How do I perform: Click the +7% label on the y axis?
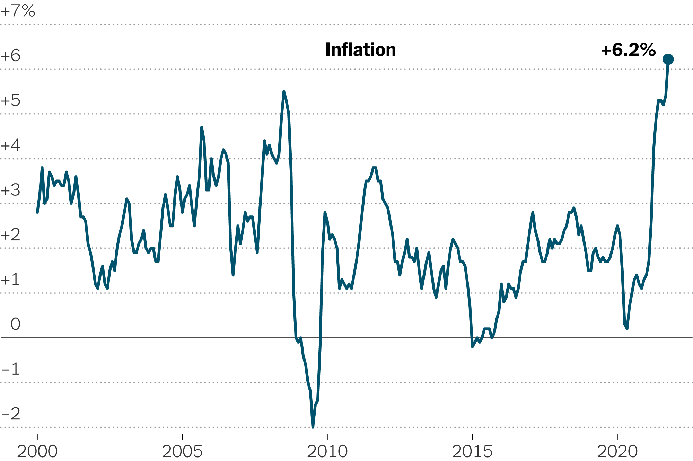click(x=18, y=11)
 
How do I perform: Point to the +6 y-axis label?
click(x=11, y=56)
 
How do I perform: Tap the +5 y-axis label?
click(x=11, y=101)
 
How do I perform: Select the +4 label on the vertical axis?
click(x=11, y=145)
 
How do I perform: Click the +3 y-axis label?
click(x=11, y=190)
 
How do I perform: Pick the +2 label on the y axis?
click(x=11, y=235)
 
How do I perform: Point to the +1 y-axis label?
click(x=11, y=280)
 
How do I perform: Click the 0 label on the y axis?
click(x=16, y=325)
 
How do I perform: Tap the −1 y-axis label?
click(x=11, y=370)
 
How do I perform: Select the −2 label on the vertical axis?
click(x=11, y=414)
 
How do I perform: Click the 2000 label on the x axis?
click(x=37, y=452)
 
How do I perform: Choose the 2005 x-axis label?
click(x=182, y=452)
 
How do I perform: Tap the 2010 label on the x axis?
click(x=327, y=452)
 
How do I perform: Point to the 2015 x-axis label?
click(x=472, y=452)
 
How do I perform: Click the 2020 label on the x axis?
click(x=617, y=452)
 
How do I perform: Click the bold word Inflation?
click(x=360, y=50)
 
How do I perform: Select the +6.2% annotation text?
click(x=628, y=50)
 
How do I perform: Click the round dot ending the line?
click(x=668, y=60)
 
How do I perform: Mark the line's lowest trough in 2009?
click(x=313, y=427)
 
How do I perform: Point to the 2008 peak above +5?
click(x=284, y=92)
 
